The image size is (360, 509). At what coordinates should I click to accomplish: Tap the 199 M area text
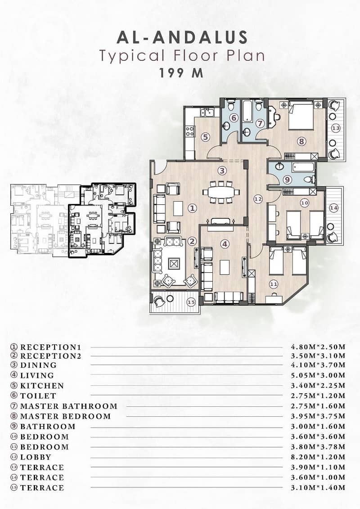pos(181,73)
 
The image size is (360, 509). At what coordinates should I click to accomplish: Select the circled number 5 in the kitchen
pos(205,137)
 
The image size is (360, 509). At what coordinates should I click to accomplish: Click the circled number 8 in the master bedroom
pos(301,141)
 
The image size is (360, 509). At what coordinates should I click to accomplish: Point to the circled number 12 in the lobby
pos(258,199)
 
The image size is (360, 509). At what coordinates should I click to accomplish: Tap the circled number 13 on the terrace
pos(336,128)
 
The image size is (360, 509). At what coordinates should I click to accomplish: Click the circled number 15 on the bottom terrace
pos(192,302)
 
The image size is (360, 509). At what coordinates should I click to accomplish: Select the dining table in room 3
pos(221,192)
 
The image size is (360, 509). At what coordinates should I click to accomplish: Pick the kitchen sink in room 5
pos(207,112)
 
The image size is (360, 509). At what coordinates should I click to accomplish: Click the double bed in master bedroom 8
pos(301,116)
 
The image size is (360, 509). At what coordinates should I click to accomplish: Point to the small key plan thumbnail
pos(73,220)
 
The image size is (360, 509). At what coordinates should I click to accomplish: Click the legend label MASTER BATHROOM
pos(68,406)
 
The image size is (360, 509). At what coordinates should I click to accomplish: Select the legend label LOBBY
pos(36,457)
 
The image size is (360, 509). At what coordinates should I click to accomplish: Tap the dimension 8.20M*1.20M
pos(318,457)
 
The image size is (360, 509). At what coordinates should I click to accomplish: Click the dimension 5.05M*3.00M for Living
pos(318,375)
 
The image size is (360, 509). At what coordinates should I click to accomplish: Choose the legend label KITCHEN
pos(42,386)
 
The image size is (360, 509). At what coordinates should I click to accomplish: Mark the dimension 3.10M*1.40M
pos(318,487)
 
